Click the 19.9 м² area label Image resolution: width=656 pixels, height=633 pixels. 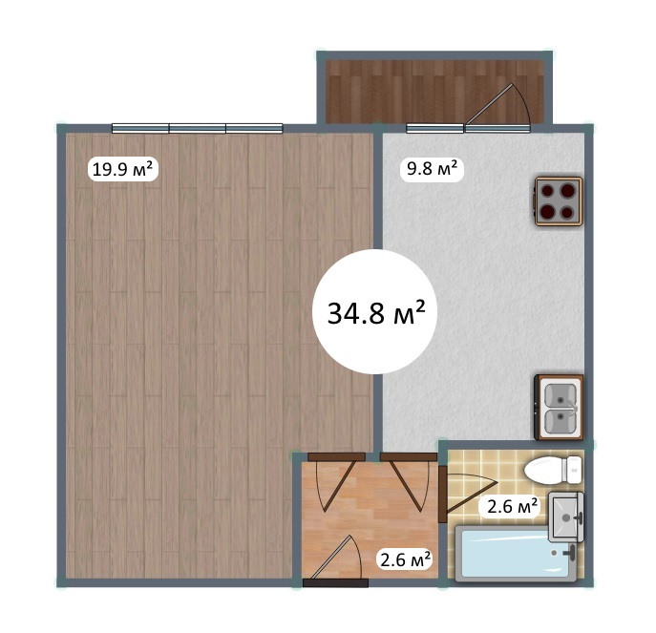point(122,169)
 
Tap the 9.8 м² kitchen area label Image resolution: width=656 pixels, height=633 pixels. point(433,169)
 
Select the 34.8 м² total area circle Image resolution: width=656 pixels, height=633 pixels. point(375,311)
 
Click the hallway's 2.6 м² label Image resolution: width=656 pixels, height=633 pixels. point(405,559)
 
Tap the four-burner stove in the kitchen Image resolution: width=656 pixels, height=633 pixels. point(559,201)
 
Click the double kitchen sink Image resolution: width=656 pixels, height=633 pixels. point(560,407)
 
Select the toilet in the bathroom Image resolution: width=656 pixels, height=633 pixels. point(553,470)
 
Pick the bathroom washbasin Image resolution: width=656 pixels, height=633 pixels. point(565,517)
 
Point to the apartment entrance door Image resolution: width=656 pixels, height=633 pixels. point(336,560)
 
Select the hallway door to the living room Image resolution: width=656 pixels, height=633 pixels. point(336,481)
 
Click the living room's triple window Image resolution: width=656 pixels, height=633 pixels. point(198,128)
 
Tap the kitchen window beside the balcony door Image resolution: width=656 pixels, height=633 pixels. point(435,128)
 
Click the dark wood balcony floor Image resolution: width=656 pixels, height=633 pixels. point(435,92)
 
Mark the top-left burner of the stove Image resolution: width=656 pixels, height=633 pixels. point(548,191)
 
